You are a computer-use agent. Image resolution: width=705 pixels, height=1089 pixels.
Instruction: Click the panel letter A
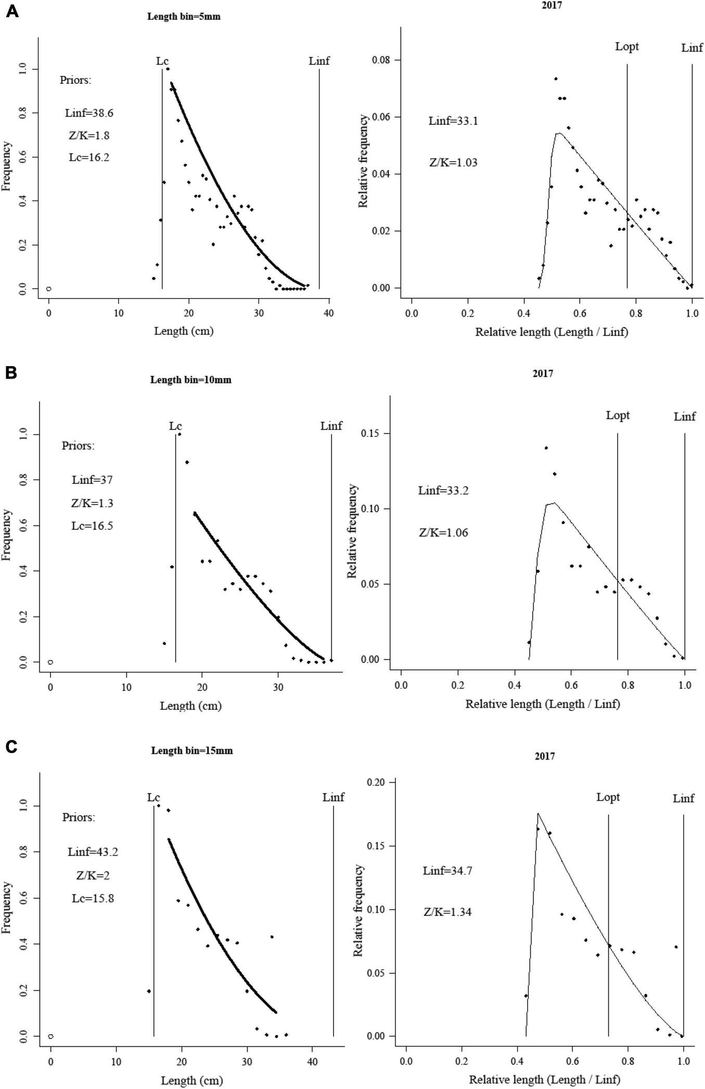[11, 11]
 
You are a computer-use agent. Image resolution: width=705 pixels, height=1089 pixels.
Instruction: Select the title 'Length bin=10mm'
[190, 380]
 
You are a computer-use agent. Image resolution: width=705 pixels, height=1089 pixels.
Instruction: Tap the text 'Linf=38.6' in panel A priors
[89, 113]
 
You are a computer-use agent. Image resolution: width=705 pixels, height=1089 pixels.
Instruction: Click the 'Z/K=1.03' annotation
[453, 163]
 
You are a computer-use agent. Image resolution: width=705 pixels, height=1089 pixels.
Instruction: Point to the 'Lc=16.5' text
[92, 526]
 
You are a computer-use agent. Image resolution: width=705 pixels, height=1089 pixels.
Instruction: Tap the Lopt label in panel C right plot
[608, 797]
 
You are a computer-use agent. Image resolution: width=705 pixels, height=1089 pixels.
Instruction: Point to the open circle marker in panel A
[48, 289]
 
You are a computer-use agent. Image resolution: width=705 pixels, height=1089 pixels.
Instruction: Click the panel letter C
[11, 747]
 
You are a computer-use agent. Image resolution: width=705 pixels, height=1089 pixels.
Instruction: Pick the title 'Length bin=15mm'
[191, 751]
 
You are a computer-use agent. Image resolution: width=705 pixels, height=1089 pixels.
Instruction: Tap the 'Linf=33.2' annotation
[443, 490]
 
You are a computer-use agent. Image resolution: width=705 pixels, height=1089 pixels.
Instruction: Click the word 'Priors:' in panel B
[78, 446]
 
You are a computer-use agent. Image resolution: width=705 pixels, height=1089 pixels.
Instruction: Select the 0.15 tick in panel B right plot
[370, 434]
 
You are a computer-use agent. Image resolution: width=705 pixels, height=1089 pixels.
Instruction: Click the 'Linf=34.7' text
[447, 871]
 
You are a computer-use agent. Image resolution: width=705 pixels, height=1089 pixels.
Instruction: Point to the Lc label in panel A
[162, 61]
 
